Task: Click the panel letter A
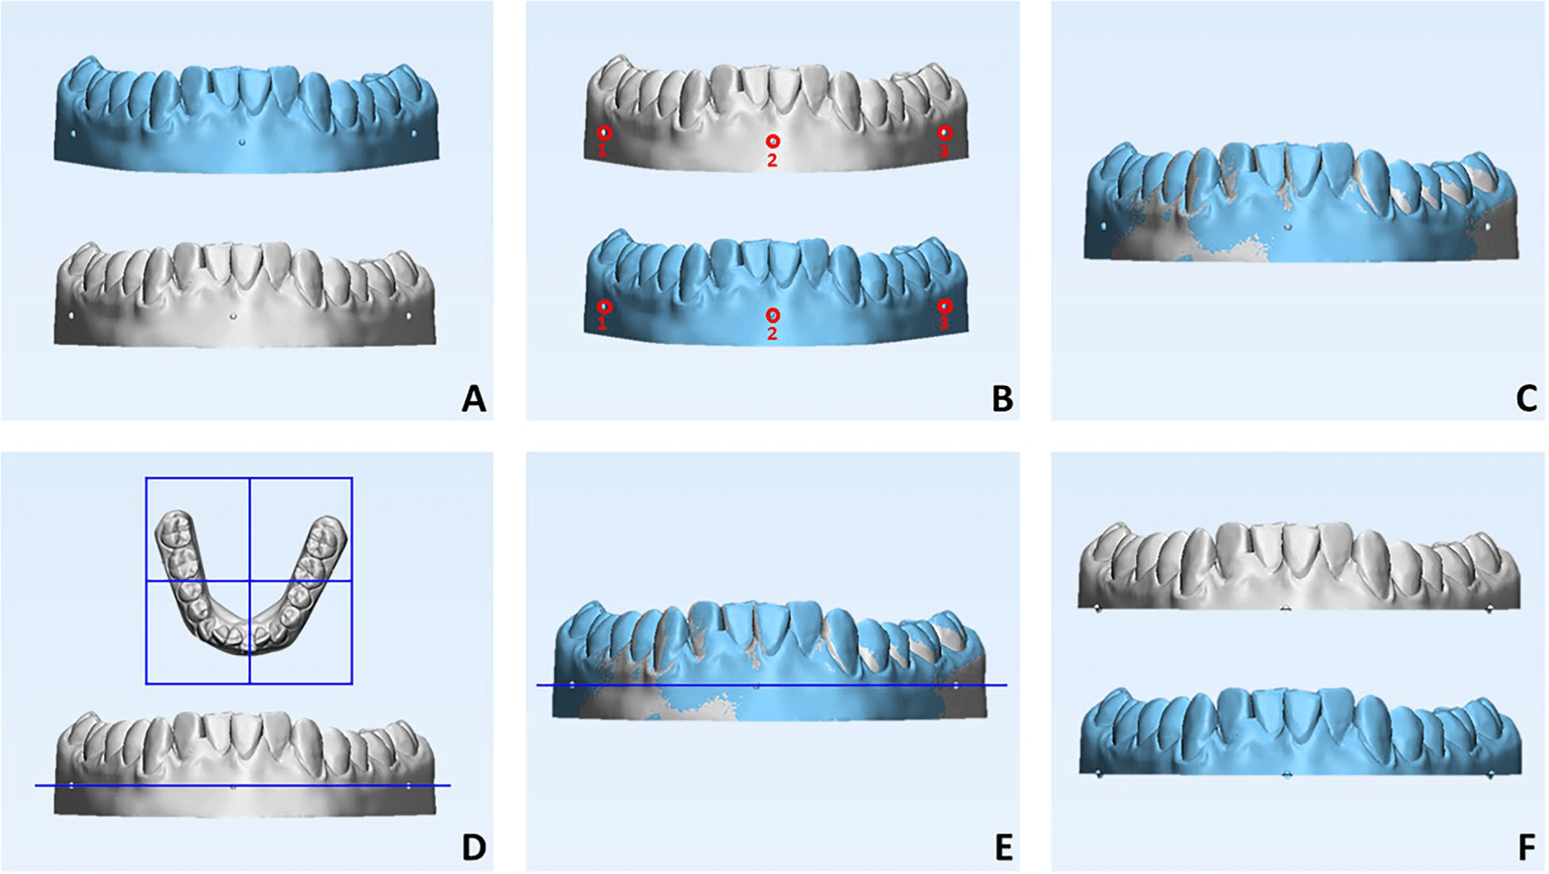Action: [x=473, y=399]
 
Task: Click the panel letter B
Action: [x=1002, y=399]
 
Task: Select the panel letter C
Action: [x=1526, y=399]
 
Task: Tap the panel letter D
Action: [x=473, y=847]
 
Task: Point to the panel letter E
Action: [x=1003, y=847]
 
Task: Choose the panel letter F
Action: [x=1527, y=847]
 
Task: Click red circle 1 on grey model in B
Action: [x=604, y=133]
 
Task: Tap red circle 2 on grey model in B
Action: [x=773, y=142]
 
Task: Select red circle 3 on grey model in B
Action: [x=944, y=133]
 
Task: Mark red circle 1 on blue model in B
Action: [x=604, y=306]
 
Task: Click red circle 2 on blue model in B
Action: [x=773, y=316]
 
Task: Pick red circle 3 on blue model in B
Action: [x=944, y=306]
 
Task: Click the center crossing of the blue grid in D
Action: [x=249, y=581]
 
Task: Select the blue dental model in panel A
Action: [x=245, y=119]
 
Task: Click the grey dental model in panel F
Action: [x=1298, y=569]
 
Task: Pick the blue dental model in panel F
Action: [x=1298, y=736]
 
